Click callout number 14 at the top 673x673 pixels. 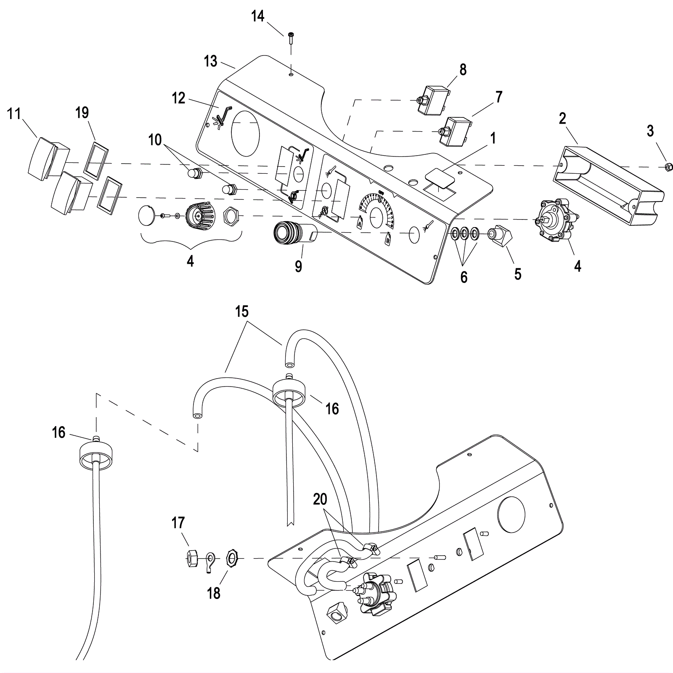pos(258,17)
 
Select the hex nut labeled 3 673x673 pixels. pos(667,167)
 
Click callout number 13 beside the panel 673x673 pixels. pos(211,61)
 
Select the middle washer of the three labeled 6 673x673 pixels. pos(464,233)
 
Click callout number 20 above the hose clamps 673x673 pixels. pos(320,499)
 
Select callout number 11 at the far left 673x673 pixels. pos(14,114)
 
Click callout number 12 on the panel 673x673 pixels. pos(179,98)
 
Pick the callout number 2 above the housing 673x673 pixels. pos(562,119)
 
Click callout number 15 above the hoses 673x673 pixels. pos(242,312)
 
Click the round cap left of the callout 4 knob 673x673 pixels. pos(147,215)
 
